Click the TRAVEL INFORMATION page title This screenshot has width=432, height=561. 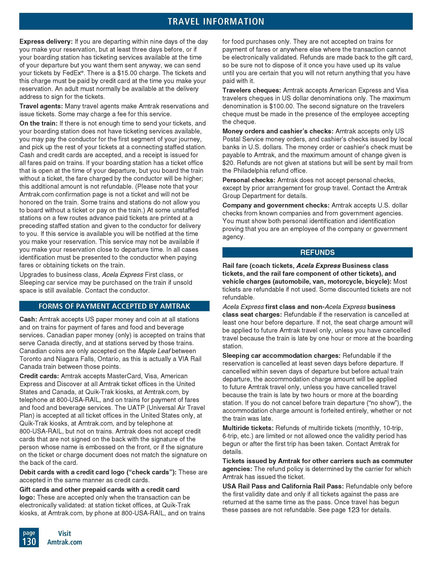(x=216, y=21)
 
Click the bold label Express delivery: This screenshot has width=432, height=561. (x=46, y=41)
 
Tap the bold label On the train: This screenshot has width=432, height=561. (x=39, y=123)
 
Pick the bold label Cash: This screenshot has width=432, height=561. (x=29, y=319)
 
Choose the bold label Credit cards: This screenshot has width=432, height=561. (x=39, y=376)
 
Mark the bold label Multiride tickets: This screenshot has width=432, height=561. (x=248, y=428)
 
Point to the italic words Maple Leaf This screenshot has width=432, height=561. (x=154, y=351)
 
